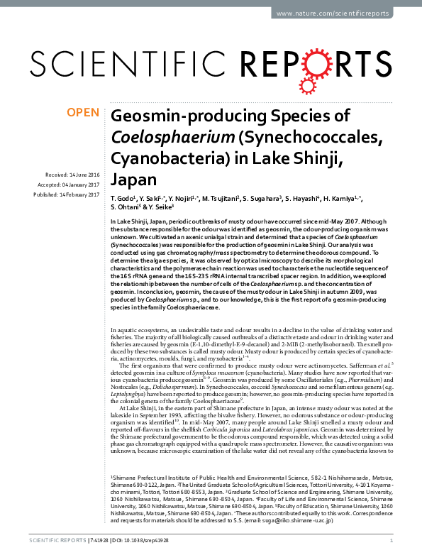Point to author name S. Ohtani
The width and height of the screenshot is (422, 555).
(x=127, y=207)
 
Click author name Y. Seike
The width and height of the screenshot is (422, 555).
(x=166, y=207)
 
